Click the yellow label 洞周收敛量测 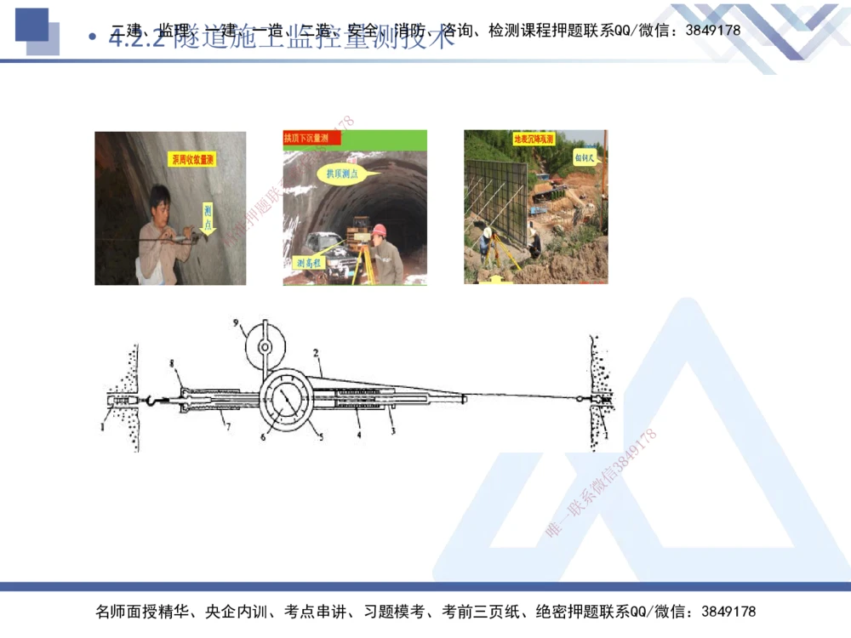[192, 159]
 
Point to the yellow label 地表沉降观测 [534, 138]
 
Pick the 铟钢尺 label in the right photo [585, 158]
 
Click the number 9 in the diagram [238, 324]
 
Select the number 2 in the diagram [315, 351]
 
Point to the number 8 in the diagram [172, 364]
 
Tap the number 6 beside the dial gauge [263, 436]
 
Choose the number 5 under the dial [321, 437]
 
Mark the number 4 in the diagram [358, 434]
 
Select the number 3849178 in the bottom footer [728, 612]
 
